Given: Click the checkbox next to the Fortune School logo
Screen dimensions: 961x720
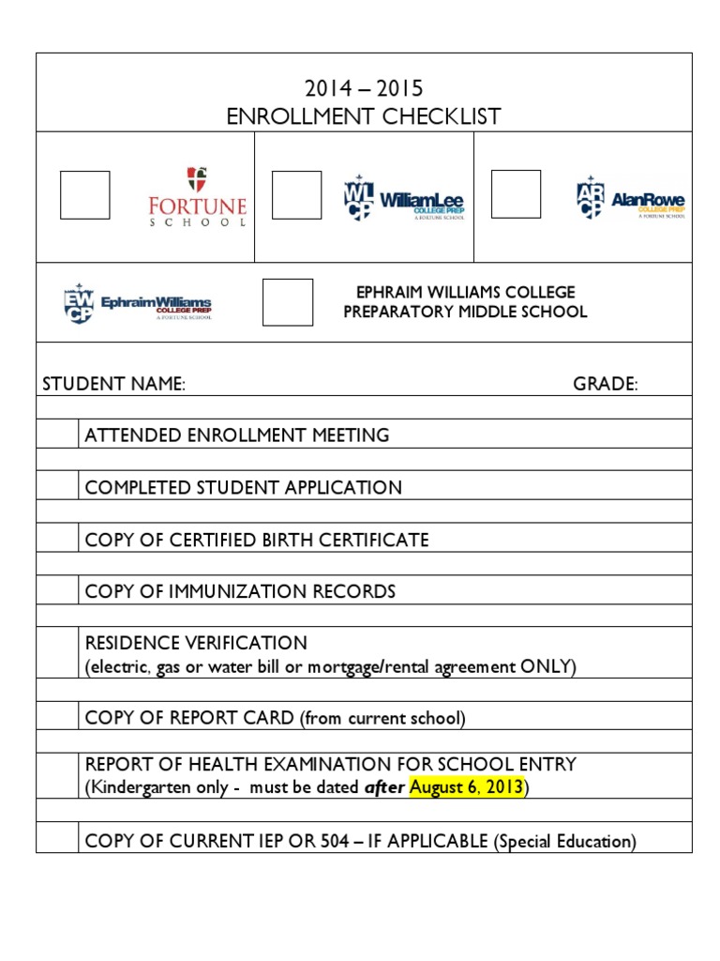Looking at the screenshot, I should click(85, 195).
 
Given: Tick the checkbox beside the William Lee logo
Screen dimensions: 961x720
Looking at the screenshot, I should click(296, 195).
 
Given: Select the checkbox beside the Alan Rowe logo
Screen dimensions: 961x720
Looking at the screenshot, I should click(516, 194).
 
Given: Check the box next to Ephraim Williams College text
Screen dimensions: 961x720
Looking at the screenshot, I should click(288, 302).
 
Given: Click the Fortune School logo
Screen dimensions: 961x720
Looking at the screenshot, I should click(198, 197).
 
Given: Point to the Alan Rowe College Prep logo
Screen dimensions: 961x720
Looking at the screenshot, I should click(630, 197).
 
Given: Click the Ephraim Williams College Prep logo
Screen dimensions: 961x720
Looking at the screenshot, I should click(137, 303).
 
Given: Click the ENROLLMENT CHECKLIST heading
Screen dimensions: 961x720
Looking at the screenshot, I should click(364, 116).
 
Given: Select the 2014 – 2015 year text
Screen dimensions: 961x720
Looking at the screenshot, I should click(364, 89).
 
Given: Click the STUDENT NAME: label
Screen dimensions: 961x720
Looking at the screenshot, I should click(113, 384).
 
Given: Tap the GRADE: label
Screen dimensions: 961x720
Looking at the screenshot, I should click(606, 384).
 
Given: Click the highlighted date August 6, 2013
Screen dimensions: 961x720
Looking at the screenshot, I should click(466, 788).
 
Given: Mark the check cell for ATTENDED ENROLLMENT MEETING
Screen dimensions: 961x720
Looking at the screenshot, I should click(57, 435).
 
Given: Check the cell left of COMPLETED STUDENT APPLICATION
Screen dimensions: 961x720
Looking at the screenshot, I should click(57, 487).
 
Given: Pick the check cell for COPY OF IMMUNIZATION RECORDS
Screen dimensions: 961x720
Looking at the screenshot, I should click(57, 591).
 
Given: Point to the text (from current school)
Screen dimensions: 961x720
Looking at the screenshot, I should click(382, 719).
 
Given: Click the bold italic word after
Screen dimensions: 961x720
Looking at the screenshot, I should click(384, 788).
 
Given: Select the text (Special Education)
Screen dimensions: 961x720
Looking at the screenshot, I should click(564, 842).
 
